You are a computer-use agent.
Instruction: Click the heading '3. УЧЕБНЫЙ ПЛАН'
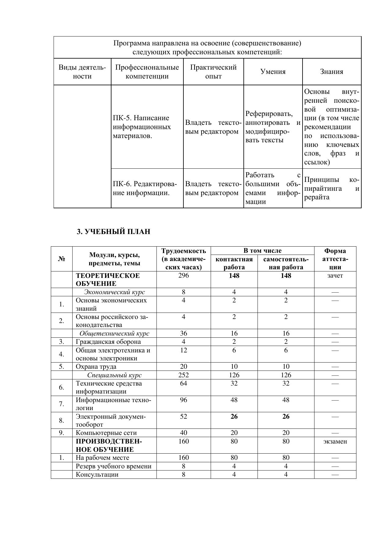click(x=113, y=232)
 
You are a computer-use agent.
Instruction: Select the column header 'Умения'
click(x=273, y=72)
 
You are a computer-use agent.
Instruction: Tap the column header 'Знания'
click(x=332, y=72)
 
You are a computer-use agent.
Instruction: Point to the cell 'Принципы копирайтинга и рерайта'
click(x=332, y=188)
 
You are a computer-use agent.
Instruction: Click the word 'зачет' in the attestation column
click(x=335, y=275)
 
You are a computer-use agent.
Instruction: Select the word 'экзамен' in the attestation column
click(x=335, y=441)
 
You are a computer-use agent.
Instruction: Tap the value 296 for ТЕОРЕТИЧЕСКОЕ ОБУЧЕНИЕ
click(x=183, y=275)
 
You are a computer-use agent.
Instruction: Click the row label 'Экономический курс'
click(x=115, y=292)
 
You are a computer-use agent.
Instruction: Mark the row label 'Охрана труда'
click(x=96, y=367)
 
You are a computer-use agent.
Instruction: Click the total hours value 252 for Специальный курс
click(x=183, y=375)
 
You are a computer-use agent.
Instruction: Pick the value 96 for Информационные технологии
click(x=183, y=400)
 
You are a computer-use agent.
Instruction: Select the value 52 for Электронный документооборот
click(x=183, y=417)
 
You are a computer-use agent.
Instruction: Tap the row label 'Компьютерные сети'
click(x=106, y=433)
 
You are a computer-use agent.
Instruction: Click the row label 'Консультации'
click(x=97, y=475)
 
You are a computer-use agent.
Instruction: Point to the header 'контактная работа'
click(x=234, y=263)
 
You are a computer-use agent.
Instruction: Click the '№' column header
click(x=62, y=259)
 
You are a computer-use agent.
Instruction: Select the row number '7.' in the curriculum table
click(x=62, y=404)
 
